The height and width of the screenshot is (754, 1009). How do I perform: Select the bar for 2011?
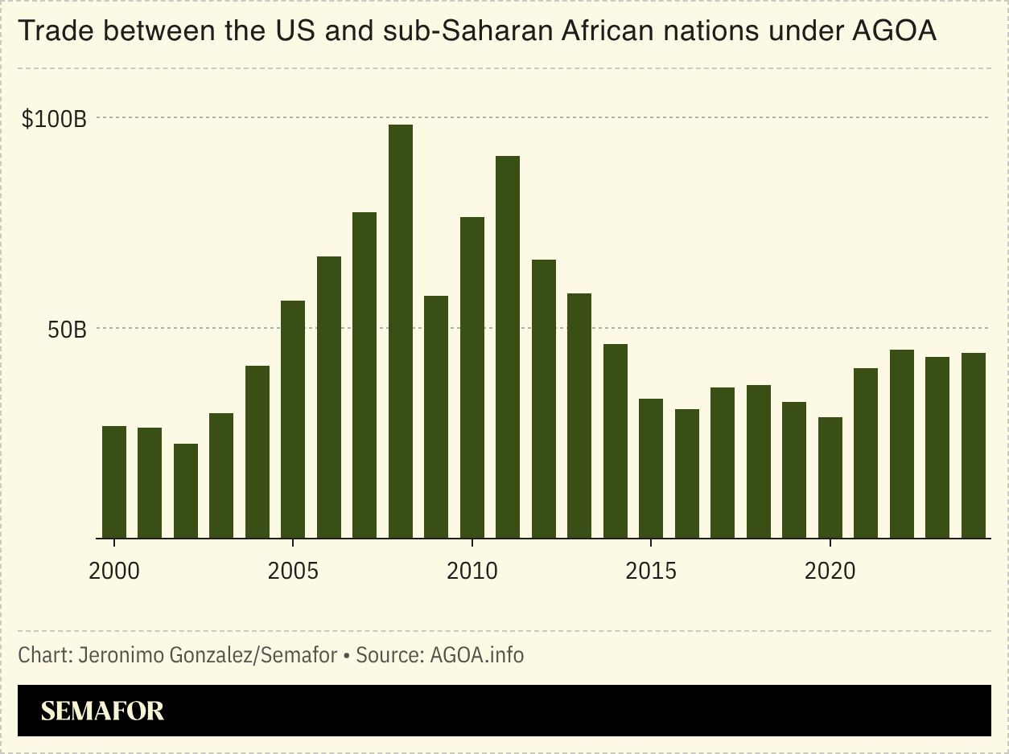(x=508, y=346)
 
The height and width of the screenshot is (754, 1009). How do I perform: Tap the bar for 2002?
(x=185, y=490)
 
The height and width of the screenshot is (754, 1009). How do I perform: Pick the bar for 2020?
(x=830, y=477)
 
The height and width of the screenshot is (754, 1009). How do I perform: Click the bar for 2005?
(x=293, y=419)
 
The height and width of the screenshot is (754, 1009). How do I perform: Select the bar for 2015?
(x=651, y=468)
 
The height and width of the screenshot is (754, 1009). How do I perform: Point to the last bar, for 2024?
(x=974, y=445)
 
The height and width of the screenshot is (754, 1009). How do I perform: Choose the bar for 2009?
(x=436, y=416)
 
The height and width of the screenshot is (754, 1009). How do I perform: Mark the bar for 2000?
(x=113, y=481)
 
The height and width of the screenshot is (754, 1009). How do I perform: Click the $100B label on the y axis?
(x=54, y=119)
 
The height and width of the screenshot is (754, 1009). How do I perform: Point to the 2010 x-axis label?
(x=472, y=572)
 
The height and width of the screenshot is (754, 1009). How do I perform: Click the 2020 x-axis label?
(x=830, y=572)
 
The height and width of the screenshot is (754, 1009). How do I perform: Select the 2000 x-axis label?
(x=113, y=572)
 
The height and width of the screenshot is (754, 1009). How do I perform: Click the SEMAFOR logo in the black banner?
(x=102, y=711)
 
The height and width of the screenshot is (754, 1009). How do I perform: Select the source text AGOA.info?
(x=476, y=655)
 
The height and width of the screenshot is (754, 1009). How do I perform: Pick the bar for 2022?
(x=902, y=444)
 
